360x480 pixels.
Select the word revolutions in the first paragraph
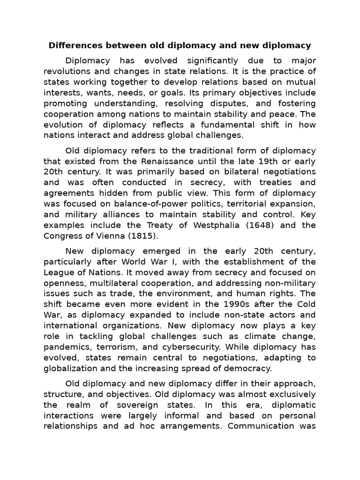pyautogui.click(x=67, y=71)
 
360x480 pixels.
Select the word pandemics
pyautogui.click(x=66, y=347)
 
